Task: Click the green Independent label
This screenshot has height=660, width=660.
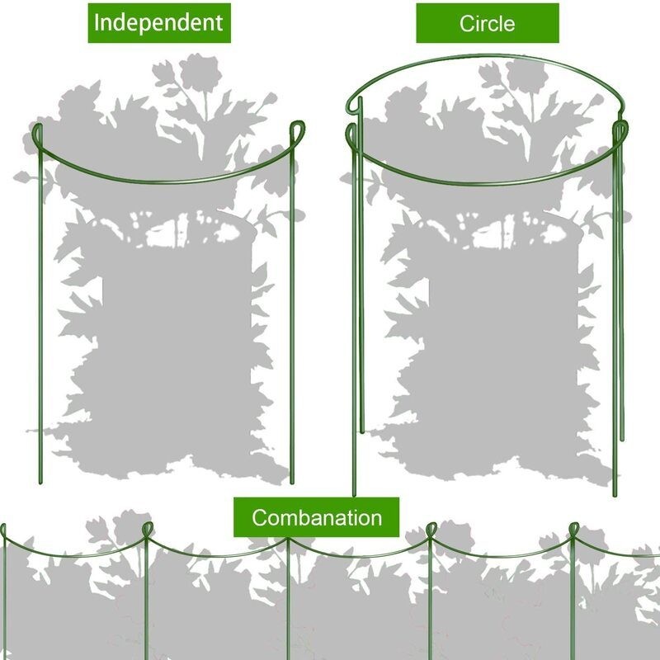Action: [158, 22]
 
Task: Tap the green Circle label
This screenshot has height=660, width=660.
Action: [487, 23]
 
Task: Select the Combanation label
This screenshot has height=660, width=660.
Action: [317, 518]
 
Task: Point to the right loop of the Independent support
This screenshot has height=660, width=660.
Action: [297, 132]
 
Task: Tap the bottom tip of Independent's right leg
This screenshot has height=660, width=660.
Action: [292, 483]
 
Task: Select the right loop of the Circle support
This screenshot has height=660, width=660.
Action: [620, 130]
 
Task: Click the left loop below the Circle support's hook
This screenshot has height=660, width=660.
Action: [352, 134]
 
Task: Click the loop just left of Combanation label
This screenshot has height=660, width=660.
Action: [148, 528]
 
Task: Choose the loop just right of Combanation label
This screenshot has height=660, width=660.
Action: [431, 529]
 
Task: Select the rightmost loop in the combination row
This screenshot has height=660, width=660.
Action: [574, 528]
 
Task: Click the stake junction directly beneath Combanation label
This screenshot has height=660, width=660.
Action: [289, 541]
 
